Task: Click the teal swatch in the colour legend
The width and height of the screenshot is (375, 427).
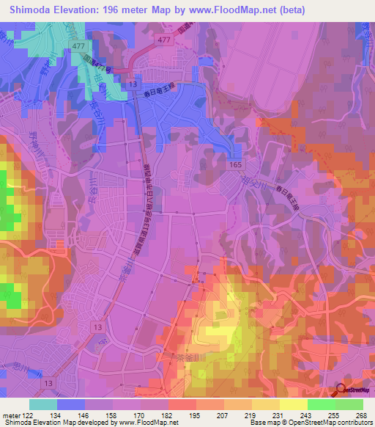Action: [x=43, y=404]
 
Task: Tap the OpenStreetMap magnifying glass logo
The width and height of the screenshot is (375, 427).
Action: [x=342, y=390]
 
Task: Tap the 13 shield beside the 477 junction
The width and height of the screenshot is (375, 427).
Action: [x=133, y=85]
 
